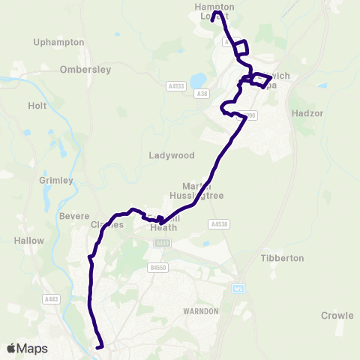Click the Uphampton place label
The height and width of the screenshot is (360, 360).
click(59, 43)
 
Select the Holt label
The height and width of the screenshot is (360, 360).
click(37, 106)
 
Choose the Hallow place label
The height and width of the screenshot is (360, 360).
click(29, 241)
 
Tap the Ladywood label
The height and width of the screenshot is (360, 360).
click(172, 156)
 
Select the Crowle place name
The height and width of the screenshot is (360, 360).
click(337, 316)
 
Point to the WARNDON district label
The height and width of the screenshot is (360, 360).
click(200, 310)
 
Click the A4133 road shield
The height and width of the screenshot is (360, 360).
click(175, 86)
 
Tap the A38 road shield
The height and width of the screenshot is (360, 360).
click(201, 94)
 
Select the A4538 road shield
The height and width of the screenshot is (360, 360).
click(218, 223)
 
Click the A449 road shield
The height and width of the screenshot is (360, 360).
click(162, 243)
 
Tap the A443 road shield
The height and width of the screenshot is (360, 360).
click(52, 300)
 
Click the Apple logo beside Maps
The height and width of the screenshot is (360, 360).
click(10, 349)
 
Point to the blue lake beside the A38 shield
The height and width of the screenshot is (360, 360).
click(198, 79)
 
